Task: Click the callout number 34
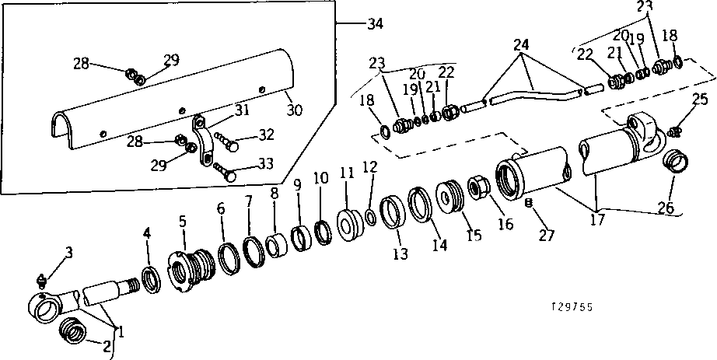pos(375,24)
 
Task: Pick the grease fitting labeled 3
pos(43,279)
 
